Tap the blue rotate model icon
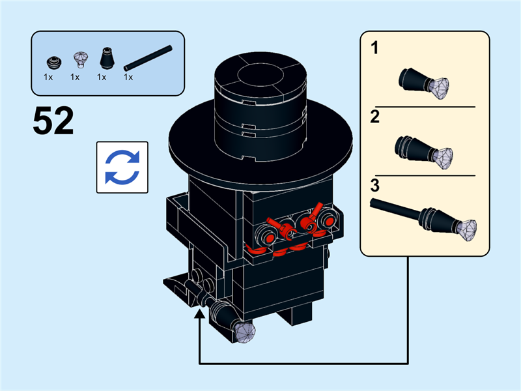(x=122, y=167)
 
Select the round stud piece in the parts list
(x=52, y=63)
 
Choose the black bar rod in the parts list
(x=148, y=58)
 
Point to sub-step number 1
(x=375, y=48)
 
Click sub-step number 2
(x=375, y=117)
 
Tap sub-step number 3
(x=375, y=185)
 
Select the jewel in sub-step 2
(x=443, y=156)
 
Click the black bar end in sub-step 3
(x=376, y=204)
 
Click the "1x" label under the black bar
(x=128, y=77)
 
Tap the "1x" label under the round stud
(x=49, y=77)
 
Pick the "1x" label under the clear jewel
(x=75, y=77)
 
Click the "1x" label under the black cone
(x=102, y=77)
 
